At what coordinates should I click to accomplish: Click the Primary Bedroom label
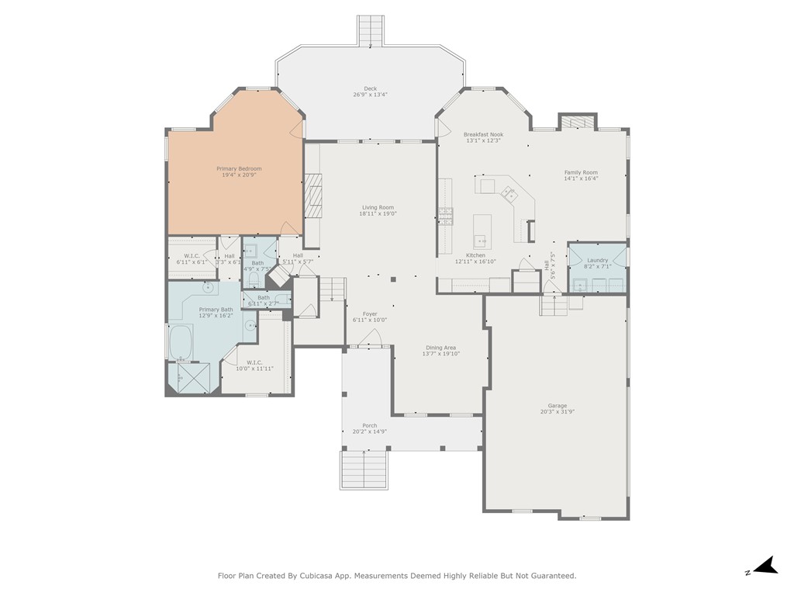[239, 168]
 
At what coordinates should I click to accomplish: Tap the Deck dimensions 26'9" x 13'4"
[370, 95]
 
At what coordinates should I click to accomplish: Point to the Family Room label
[581, 172]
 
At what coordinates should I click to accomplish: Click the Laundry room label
[597, 260]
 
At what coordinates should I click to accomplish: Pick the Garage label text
[557, 406]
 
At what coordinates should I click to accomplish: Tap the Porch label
[370, 425]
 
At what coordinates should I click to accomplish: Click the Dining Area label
[440, 348]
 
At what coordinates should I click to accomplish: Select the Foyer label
[370, 314]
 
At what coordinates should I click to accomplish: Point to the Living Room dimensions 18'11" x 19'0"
[378, 214]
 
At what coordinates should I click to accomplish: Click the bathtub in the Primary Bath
[181, 343]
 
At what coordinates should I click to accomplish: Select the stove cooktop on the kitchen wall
[446, 216]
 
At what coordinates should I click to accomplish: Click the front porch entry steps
[364, 470]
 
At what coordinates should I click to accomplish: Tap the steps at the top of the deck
[370, 32]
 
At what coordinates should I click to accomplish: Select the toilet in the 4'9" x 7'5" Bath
[256, 279]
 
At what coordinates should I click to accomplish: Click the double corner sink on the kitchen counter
[510, 193]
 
